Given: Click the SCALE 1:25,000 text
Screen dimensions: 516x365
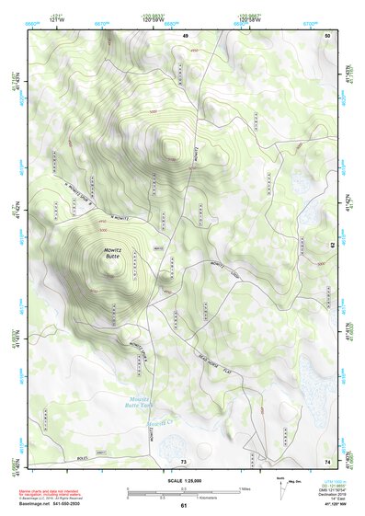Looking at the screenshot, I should [x=185, y=479].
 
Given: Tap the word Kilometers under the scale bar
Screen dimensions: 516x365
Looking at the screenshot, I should [x=188, y=499].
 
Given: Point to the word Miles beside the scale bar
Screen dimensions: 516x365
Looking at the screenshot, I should [x=245, y=488].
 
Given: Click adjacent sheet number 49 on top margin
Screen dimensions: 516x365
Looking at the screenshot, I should [x=185, y=34].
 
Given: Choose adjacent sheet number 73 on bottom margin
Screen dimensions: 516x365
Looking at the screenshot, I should [x=184, y=460].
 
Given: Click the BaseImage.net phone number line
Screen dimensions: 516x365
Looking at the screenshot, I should [x=54, y=503].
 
